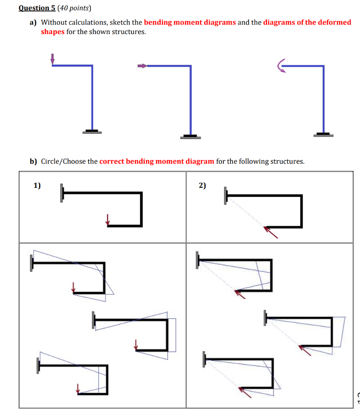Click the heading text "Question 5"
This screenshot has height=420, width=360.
37,8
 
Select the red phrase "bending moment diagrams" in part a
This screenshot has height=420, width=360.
190,22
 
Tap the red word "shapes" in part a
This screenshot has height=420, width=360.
52,32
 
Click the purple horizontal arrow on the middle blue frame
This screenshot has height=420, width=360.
142,66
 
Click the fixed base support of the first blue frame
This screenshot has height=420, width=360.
92,132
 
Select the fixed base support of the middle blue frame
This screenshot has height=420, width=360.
190,137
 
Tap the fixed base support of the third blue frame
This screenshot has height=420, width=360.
324,134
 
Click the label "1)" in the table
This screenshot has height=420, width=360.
37,185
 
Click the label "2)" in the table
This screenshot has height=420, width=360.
202,185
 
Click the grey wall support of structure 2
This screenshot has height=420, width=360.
225,196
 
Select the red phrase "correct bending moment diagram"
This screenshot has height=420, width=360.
157,161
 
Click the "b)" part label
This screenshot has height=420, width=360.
33,161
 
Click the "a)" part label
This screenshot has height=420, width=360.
33,22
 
